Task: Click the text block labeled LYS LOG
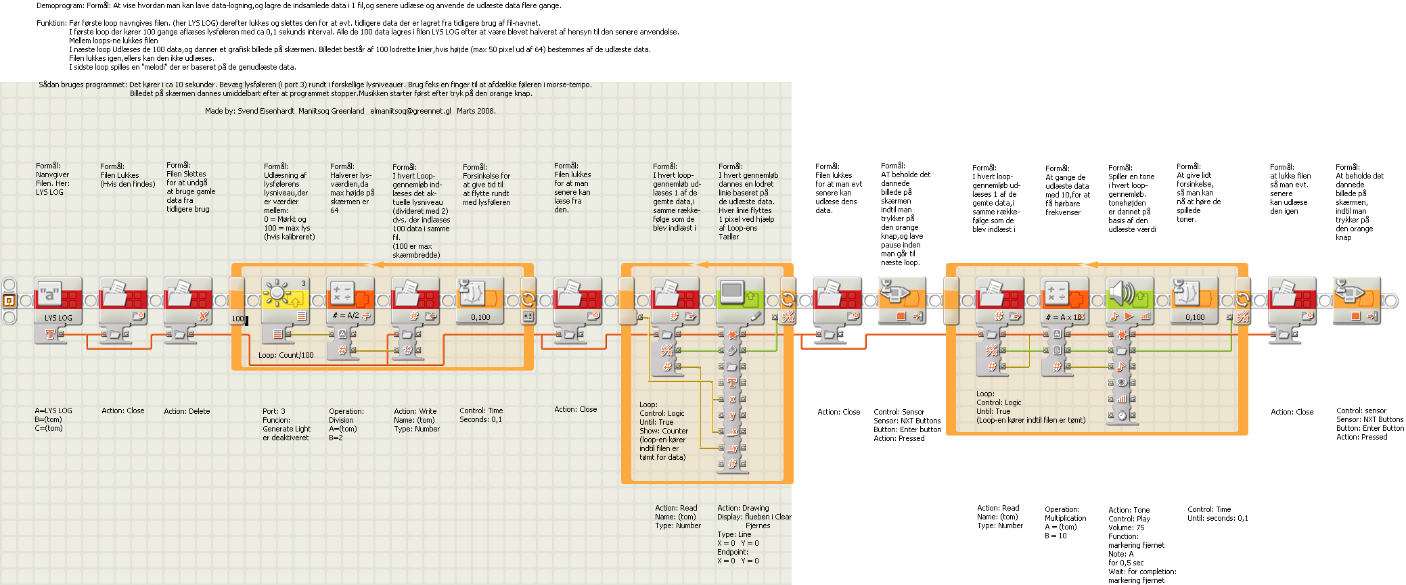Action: click(x=58, y=317)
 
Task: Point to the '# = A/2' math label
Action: click(x=346, y=316)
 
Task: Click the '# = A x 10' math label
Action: click(x=1064, y=317)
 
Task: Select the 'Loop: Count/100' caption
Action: click(x=286, y=355)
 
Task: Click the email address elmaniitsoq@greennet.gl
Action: click(x=410, y=111)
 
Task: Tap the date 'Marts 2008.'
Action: click(x=476, y=111)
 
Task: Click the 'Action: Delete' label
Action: click(x=187, y=411)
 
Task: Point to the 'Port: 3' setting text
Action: click(x=274, y=411)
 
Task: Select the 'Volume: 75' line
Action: click(x=1126, y=528)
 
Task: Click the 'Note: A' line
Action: click(x=1120, y=554)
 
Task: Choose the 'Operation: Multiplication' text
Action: click(x=1065, y=514)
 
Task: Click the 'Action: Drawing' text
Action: click(x=743, y=508)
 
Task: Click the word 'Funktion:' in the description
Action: click(x=51, y=23)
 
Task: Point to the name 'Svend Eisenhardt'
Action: click(x=266, y=111)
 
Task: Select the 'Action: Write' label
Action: click(x=415, y=411)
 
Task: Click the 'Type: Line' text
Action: click(x=734, y=534)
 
